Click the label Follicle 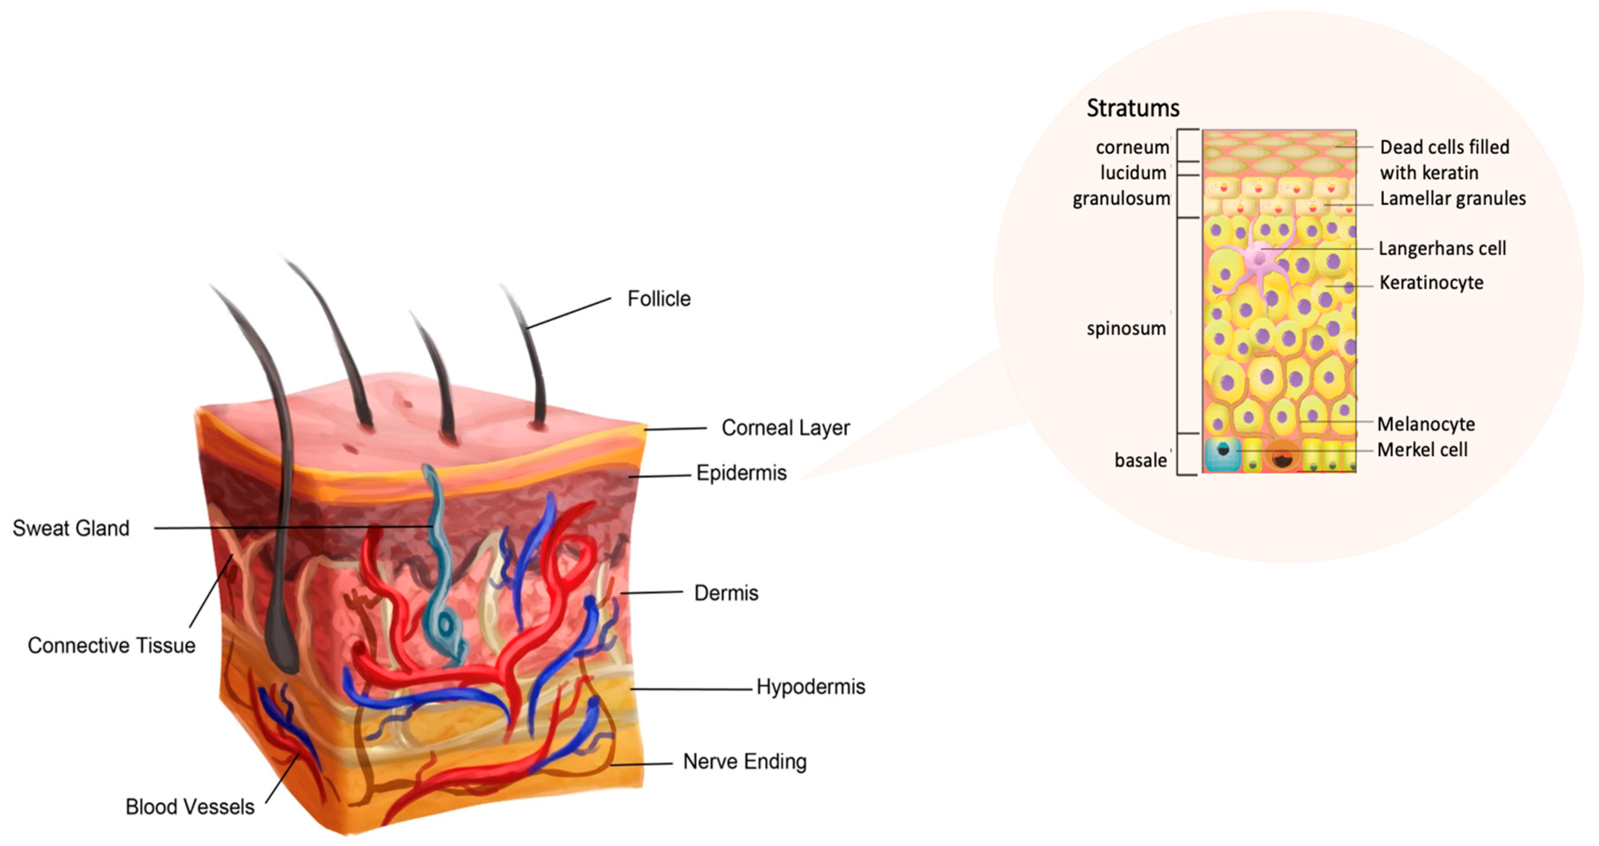[x=659, y=298]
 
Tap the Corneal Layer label [x=785, y=428]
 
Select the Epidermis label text [x=741, y=473]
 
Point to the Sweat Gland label [x=71, y=528]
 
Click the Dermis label [x=726, y=593]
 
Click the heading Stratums [x=1133, y=108]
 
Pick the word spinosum [x=1126, y=328]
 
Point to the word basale [x=1140, y=461]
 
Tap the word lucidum [x=1133, y=172]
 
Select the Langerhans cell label [x=1442, y=248]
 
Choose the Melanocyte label [x=1426, y=424]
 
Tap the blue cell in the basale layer [x=1222, y=454]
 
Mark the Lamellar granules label [x=1452, y=199]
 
